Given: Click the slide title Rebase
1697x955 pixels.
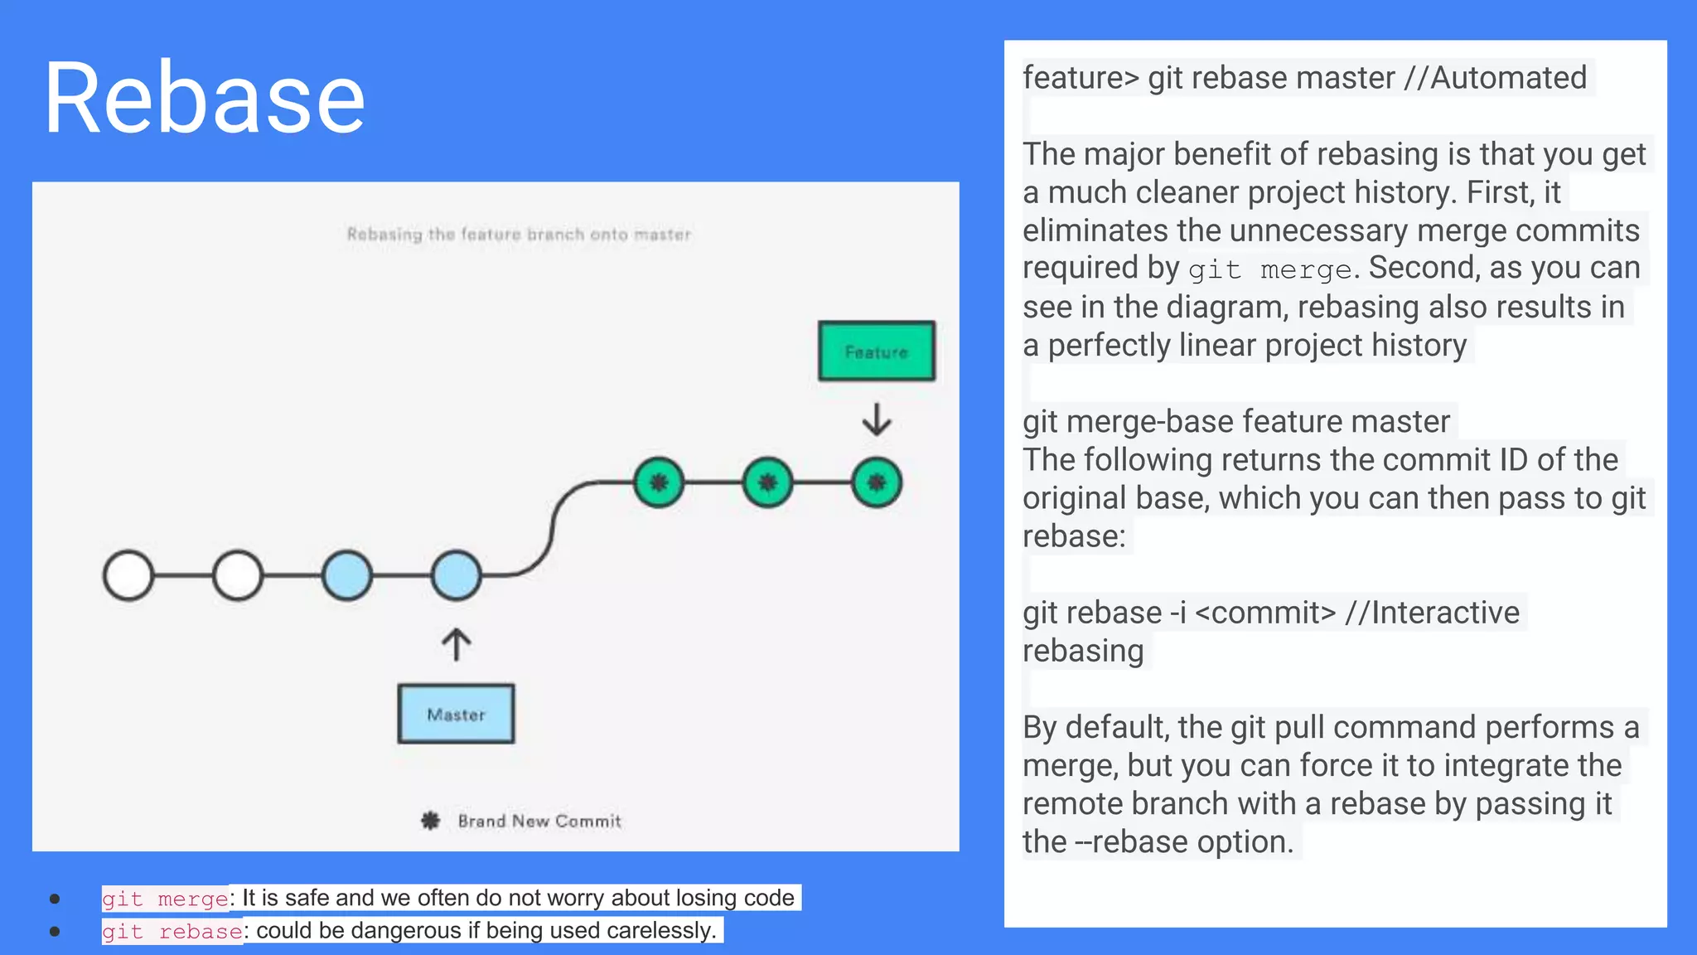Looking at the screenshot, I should (x=204, y=98).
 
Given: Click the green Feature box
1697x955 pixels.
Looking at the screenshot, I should (x=876, y=351).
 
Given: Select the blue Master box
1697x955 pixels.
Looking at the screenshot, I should (x=456, y=714).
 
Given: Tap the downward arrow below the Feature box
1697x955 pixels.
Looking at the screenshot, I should (x=876, y=419).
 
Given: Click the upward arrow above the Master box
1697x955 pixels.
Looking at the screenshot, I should (x=456, y=644).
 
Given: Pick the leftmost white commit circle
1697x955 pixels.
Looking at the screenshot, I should (x=128, y=575).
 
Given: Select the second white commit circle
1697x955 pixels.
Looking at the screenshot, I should (x=238, y=575).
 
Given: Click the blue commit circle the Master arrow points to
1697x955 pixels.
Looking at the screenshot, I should (x=456, y=575).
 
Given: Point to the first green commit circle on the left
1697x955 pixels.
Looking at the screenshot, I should (x=659, y=482).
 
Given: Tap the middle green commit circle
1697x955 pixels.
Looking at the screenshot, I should (x=767, y=482).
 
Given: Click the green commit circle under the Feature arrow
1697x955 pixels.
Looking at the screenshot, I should (x=877, y=482).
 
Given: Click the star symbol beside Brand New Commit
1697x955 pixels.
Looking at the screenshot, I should (x=430, y=821).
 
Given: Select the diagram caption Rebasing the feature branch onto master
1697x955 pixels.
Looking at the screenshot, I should (x=519, y=235).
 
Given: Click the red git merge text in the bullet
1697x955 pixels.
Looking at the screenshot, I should (x=165, y=899).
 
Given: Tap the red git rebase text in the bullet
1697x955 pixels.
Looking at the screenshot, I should (x=172, y=932).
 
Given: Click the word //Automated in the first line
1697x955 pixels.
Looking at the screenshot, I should (x=1495, y=78).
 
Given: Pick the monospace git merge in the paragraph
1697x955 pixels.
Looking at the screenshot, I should (x=1269, y=270).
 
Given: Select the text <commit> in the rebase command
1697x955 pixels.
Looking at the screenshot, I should (x=1266, y=613).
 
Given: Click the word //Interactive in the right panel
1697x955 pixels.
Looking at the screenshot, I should (x=1432, y=613).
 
